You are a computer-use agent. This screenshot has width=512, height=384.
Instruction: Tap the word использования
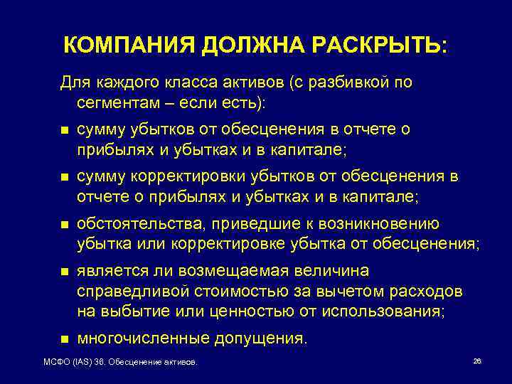(x=381, y=311)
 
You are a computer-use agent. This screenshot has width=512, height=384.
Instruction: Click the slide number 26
(x=477, y=362)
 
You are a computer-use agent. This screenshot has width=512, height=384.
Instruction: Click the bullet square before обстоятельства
(x=65, y=225)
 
